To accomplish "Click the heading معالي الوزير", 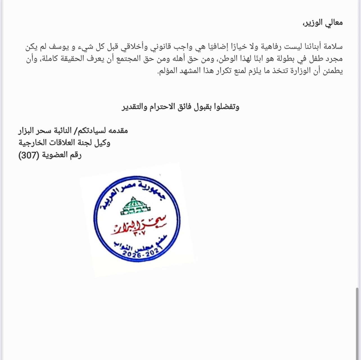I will (322, 23).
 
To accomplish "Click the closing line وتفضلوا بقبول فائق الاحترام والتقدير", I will (180, 107).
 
